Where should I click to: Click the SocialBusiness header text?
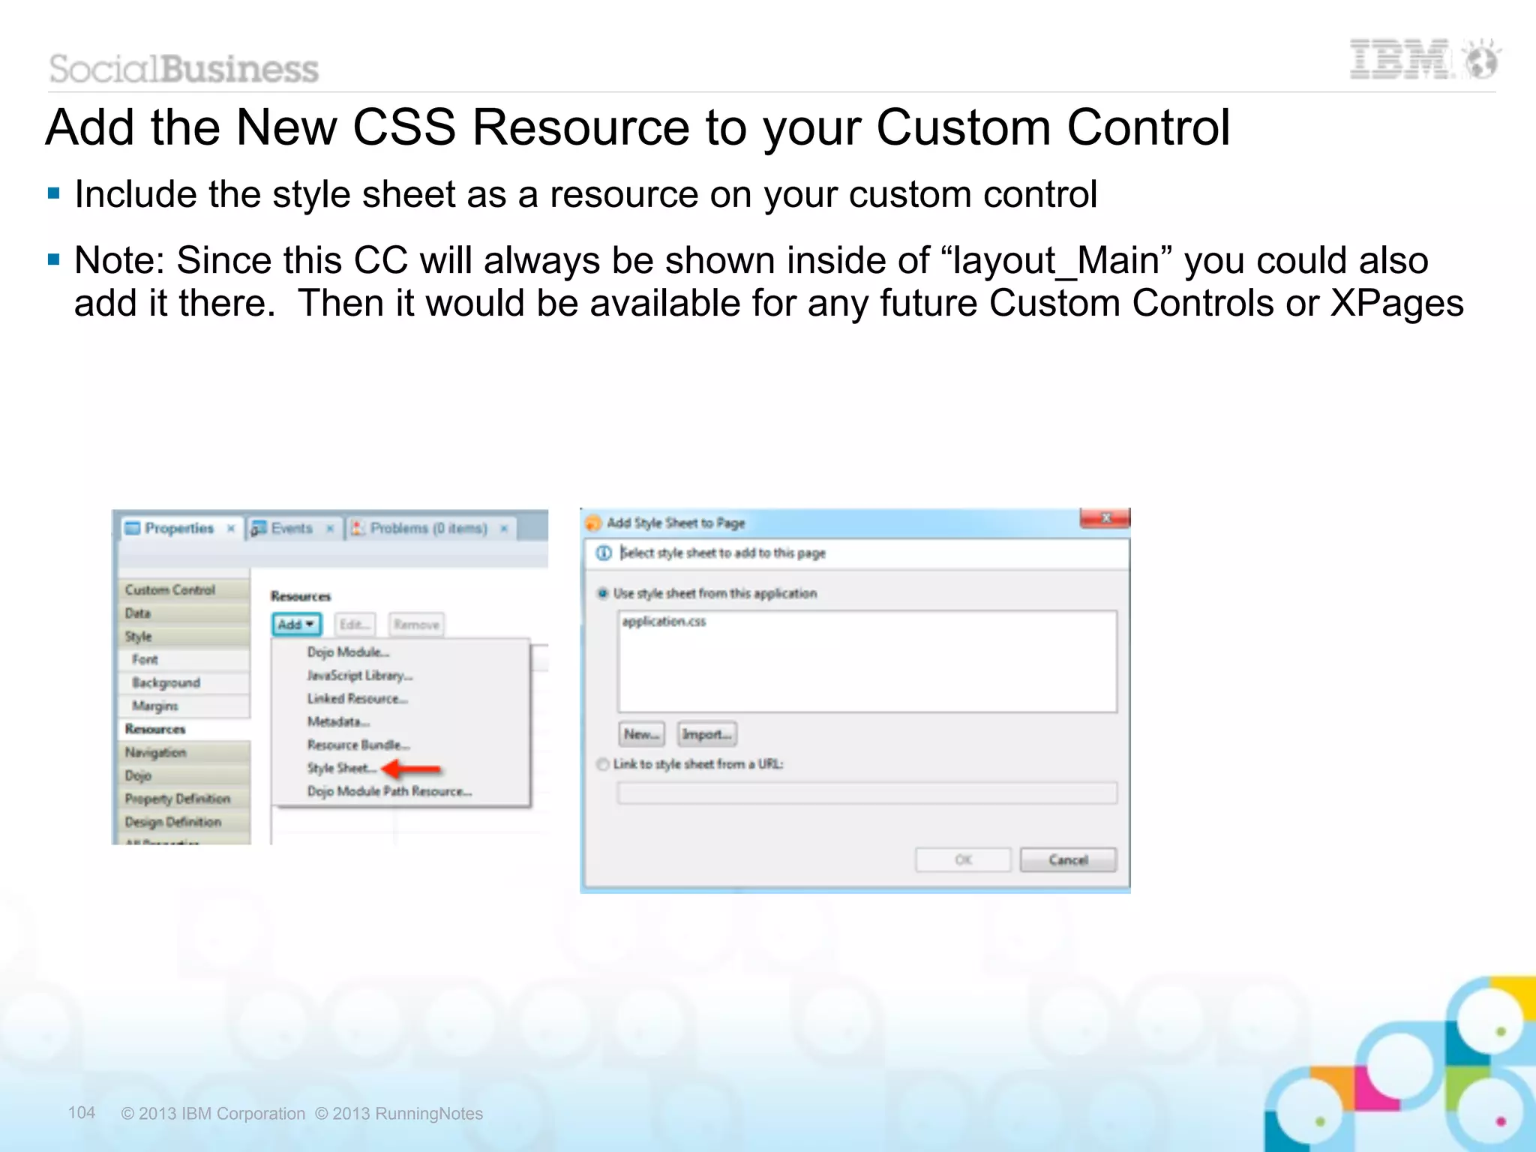(x=184, y=69)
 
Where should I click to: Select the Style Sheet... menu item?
(x=340, y=768)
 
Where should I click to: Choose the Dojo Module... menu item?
(x=347, y=652)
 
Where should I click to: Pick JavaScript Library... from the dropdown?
(x=359, y=675)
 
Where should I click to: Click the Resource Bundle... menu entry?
(x=358, y=745)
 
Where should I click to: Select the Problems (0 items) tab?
(x=427, y=528)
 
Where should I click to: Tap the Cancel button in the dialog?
(x=1068, y=859)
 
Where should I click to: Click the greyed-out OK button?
(x=963, y=859)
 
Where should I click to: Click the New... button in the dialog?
(x=642, y=734)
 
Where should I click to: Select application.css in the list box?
(x=664, y=621)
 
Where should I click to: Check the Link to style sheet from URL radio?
(x=603, y=764)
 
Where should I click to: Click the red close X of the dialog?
(x=1105, y=518)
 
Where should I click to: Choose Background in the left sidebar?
(x=166, y=682)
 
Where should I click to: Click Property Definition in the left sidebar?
(x=177, y=799)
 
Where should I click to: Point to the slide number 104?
(x=82, y=1112)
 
